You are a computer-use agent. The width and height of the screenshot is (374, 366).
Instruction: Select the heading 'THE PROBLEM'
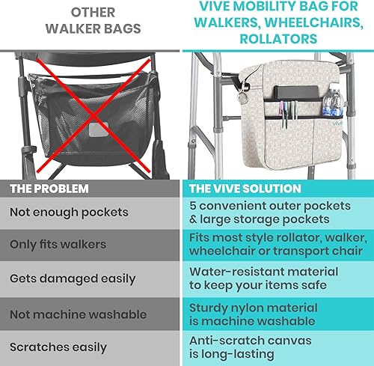[49, 189]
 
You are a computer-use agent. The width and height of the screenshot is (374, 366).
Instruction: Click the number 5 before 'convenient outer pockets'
[194, 204]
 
